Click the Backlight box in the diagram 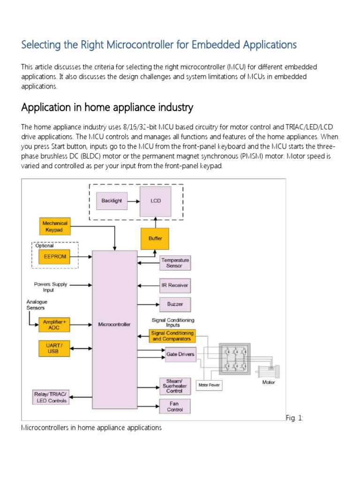tap(112, 201)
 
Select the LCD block tap(155, 201)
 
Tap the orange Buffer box tap(155, 239)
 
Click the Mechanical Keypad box tap(55, 226)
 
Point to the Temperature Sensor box tap(175, 262)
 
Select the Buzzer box tap(175, 304)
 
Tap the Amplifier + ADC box tap(55, 325)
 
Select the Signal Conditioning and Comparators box tap(172, 336)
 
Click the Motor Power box tap(209, 385)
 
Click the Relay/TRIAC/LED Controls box tap(51, 397)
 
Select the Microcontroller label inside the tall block tap(114, 324)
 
